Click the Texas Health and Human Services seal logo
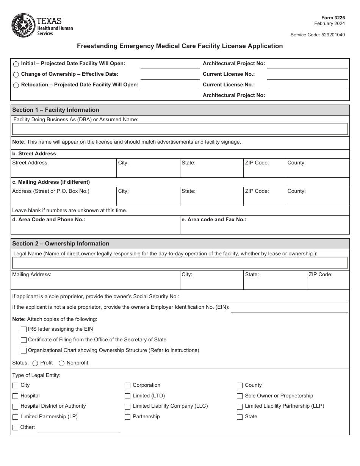pyautogui.click(x=24, y=25)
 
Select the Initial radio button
pyautogui.click(x=16, y=64)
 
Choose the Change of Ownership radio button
pyautogui.click(x=16, y=75)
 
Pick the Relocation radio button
pyautogui.click(x=16, y=85)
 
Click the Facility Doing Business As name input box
pyautogui.click(x=180, y=129)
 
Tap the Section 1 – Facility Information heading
pyautogui.click(x=56, y=110)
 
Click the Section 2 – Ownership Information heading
pyautogui.click(x=61, y=244)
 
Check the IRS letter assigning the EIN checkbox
pyautogui.click(x=23, y=330)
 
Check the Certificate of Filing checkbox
pyautogui.click(x=23, y=340)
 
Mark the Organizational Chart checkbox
pyautogui.click(x=23, y=351)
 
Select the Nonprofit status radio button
pyautogui.click(x=61, y=363)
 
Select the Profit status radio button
pyautogui.click(x=35, y=363)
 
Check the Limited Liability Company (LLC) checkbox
pyautogui.click(x=128, y=407)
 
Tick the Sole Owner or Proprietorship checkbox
pyautogui.click(x=239, y=396)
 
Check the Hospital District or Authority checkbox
pyautogui.click(x=16, y=407)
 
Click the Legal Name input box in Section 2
pyautogui.click(x=180, y=263)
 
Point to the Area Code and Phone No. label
pyautogui.click(x=49, y=220)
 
